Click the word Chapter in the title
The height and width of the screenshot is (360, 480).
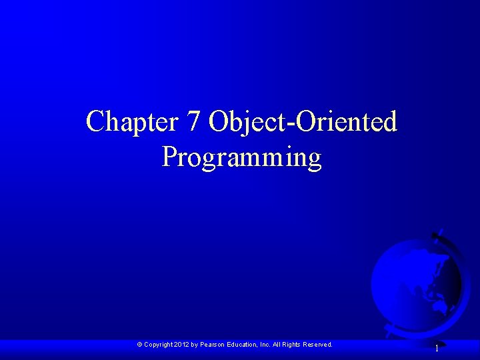tap(131, 122)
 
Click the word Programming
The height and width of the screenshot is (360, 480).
tap(242, 158)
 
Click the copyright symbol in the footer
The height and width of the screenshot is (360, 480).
tap(139, 345)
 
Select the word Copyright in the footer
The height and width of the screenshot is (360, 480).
tap(158, 345)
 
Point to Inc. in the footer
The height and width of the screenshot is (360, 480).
tap(265, 345)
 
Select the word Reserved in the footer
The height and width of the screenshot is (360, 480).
tap(318, 345)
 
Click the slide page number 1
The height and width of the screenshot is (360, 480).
tap(437, 348)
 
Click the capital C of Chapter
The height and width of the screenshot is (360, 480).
tap(94, 121)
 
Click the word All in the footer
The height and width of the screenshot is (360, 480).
tap(276, 345)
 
